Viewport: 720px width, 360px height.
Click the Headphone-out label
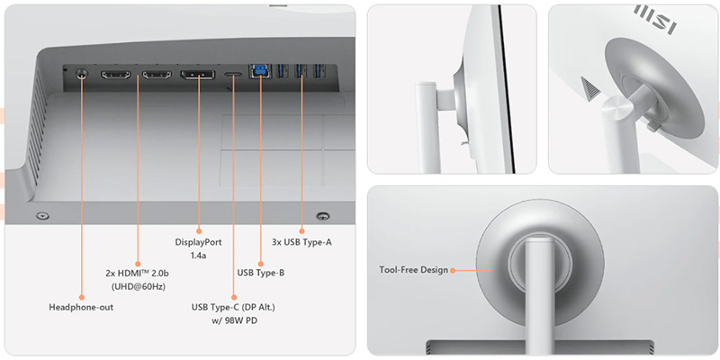(81, 307)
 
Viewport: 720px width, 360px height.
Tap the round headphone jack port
(81, 74)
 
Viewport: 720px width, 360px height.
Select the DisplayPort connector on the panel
(197, 75)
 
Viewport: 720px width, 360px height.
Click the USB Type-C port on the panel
(233, 75)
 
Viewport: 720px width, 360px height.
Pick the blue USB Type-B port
(260, 71)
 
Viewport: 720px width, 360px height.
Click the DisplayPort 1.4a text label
(198, 248)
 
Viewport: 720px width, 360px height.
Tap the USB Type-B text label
(261, 273)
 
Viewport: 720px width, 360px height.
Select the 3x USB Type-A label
(301, 242)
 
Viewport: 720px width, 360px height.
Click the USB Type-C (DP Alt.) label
(233, 313)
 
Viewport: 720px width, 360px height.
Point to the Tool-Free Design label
(413, 270)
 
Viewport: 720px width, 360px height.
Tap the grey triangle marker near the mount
(590, 88)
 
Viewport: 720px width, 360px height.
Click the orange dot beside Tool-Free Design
(453, 271)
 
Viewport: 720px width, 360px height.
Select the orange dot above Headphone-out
(81, 297)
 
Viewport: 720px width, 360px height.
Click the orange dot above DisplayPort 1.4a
(198, 231)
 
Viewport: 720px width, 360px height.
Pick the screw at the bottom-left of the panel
(42, 215)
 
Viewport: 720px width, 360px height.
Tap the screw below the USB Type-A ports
(323, 215)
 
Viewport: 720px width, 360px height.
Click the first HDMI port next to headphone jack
(115, 75)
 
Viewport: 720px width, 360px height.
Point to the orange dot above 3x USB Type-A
(301, 231)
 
